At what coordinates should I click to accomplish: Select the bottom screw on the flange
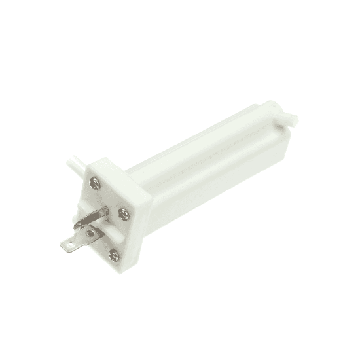point(114,255)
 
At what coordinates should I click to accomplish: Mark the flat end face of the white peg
point(293,120)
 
